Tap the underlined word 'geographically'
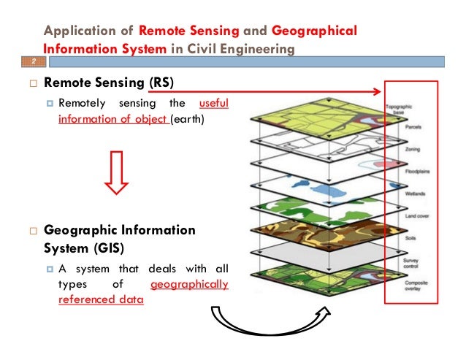(188, 285)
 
